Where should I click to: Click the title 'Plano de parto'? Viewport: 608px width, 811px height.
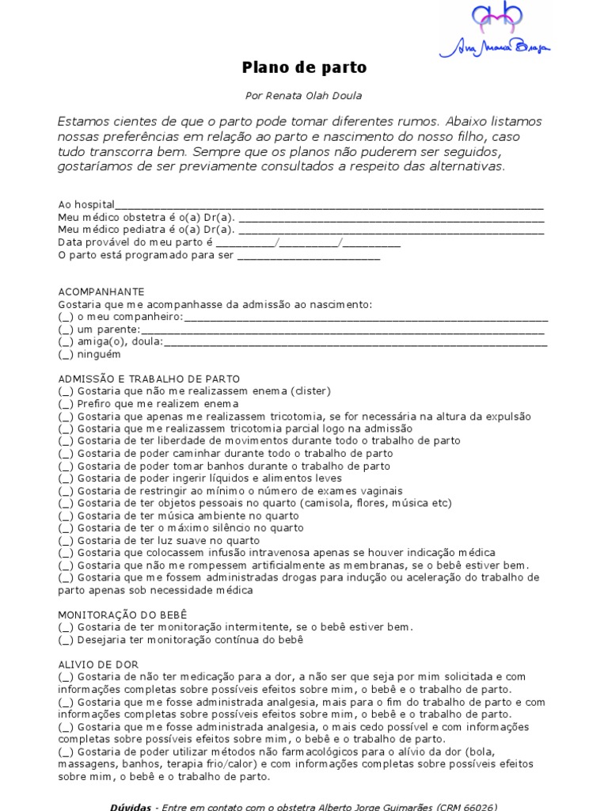pos(304,68)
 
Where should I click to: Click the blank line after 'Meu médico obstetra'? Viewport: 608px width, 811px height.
pos(391,218)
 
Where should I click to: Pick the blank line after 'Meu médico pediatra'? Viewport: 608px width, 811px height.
pos(391,230)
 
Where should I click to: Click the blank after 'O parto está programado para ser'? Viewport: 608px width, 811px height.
pos(309,256)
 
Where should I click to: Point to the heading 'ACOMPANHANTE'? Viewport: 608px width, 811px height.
pos(101,291)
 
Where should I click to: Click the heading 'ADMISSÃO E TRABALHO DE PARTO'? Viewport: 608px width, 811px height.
pos(149,379)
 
